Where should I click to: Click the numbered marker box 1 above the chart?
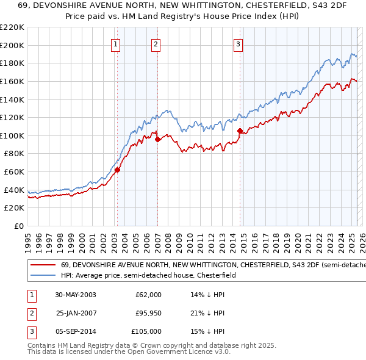click(116, 44)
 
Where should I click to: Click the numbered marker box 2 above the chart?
click(156, 44)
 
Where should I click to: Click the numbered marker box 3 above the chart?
click(238, 44)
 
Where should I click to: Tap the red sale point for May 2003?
click(117, 170)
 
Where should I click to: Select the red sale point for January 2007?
click(157, 139)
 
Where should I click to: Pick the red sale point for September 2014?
click(240, 130)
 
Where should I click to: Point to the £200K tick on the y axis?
click(12, 45)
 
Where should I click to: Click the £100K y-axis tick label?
click(12, 135)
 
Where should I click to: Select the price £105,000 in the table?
click(146, 331)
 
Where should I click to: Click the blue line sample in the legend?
click(43, 275)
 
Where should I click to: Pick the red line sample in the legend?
click(43, 265)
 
